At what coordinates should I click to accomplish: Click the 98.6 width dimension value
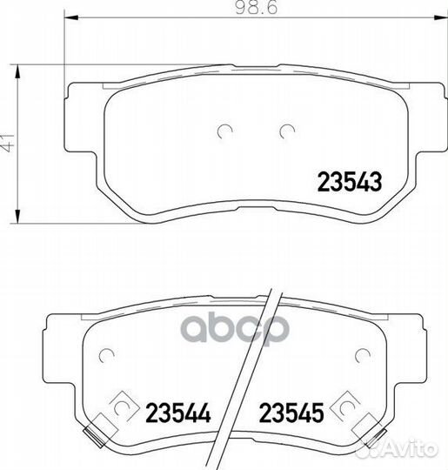coord(257,7)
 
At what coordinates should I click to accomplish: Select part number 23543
coord(350,182)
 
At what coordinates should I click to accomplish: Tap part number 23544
coord(178,413)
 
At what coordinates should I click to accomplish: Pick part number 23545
coord(291,413)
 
